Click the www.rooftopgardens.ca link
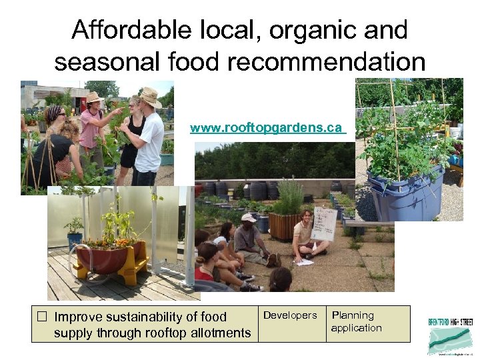tap(266, 127)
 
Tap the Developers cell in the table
tap(290, 315)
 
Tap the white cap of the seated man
tap(248, 217)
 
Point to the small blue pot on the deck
tap(74, 239)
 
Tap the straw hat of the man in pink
tap(95, 97)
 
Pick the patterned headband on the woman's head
tap(54, 113)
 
